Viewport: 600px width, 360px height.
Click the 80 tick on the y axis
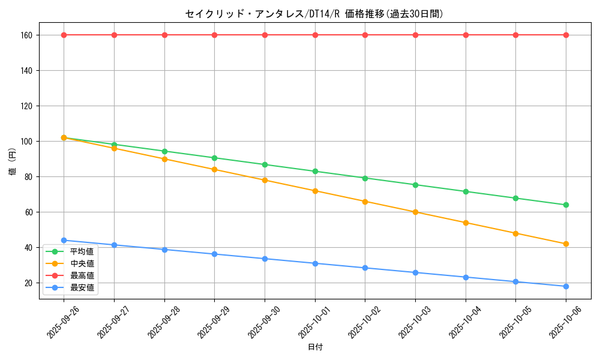[x=28, y=177]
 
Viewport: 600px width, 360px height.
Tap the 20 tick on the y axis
[x=28, y=283]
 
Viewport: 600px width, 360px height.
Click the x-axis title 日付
[x=314, y=347]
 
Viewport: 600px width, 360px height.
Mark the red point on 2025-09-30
[x=265, y=35]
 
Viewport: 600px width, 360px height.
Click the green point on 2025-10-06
[x=566, y=205]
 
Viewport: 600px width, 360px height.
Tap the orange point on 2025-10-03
[x=415, y=212]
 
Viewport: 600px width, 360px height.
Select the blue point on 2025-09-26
[x=64, y=240]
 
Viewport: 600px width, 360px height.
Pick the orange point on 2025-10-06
[x=566, y=244]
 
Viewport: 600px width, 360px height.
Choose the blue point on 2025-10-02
[x=365, y=268]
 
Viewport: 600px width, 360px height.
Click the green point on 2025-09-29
[x=214, y=158]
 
